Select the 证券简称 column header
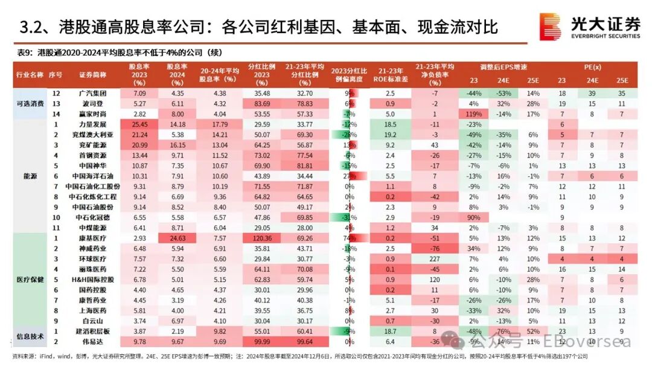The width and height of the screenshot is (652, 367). coord(92,74)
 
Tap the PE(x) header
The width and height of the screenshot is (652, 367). coord(592,66)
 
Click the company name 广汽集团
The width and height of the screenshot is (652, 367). coord(92,94)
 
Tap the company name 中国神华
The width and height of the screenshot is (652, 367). coord(92,165)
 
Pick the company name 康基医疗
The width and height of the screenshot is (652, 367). coord(92,238)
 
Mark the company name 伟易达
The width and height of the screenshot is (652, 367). coord(92,341)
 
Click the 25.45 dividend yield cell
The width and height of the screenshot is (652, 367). coord(139,124)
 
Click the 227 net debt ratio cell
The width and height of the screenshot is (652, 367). coord(433,259)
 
